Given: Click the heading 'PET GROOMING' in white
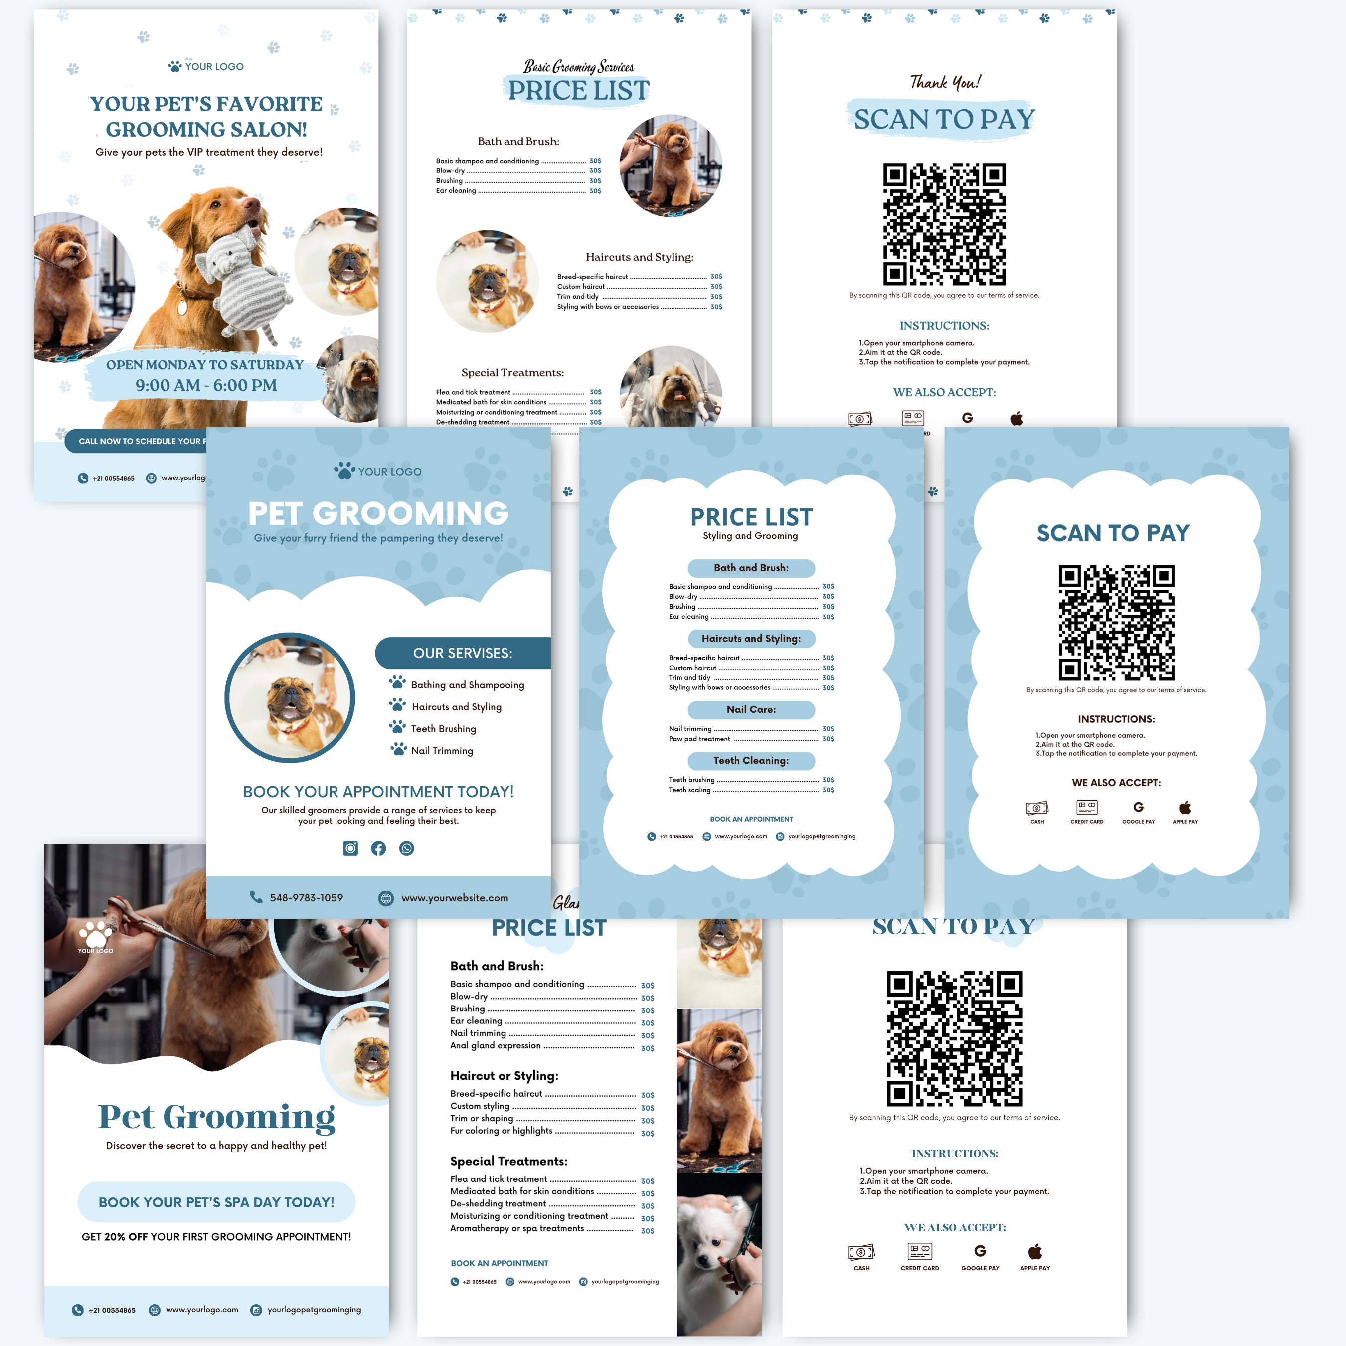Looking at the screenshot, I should pos(378,513).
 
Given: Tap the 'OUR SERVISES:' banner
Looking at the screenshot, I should pos(463,653).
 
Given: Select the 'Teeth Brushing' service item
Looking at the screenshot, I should pos(443,729).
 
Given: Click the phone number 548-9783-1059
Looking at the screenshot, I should pos(307,898).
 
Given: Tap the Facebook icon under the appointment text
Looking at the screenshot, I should pos(378,848).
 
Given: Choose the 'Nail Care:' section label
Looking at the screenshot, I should pos(751,709).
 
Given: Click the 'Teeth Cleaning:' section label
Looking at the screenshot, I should pos(751,760).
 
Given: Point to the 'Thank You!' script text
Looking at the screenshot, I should pos(945,82).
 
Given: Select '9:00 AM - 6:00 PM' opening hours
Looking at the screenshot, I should pos(206,385).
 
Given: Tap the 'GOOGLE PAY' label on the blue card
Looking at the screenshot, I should pos(1139,822).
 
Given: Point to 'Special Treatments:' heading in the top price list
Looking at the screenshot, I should pos(513,373).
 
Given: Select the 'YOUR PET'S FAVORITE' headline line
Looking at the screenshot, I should pos(206,104).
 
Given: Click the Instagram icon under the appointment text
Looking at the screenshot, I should pos(350,848).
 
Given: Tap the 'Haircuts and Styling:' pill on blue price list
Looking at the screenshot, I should pos(751,638).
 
